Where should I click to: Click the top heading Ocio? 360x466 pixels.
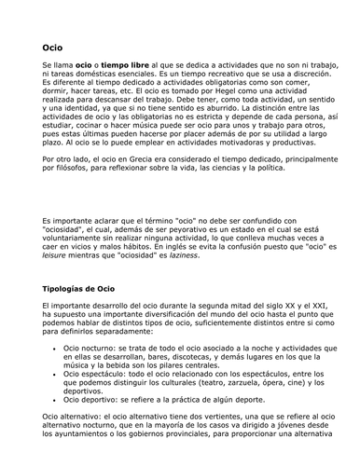52,45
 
